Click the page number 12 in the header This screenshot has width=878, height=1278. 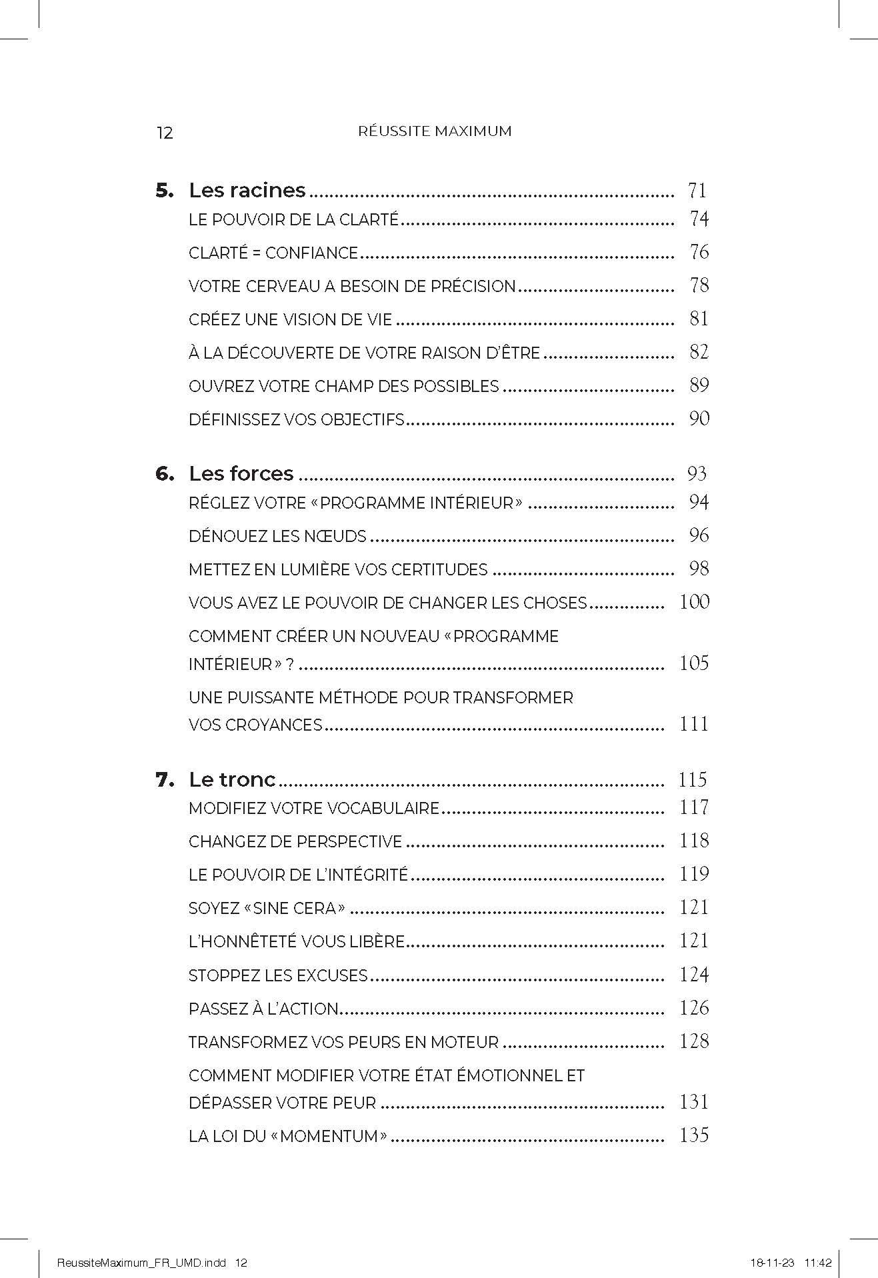coord(164,133)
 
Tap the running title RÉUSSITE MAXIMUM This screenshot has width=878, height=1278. coord(435,131)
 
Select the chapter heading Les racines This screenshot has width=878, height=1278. coord(247,191)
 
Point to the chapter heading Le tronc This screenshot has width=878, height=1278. coord(232,779)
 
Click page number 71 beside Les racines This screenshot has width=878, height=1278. coord(697,191)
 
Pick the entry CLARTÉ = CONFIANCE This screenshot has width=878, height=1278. coord(273,253)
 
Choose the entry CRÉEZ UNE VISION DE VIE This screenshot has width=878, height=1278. coord(291,320)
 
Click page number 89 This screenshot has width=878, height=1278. coord(699,385)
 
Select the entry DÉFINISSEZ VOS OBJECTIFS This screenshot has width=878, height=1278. coord(297,420)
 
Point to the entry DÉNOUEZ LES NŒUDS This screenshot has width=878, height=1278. coord(277,536)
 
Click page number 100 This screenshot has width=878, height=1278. coord(694,602)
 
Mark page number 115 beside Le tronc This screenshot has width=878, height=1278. coord(692,779)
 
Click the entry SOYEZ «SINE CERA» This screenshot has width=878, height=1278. coord(267,908)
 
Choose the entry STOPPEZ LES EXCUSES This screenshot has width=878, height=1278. coord(278,976)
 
